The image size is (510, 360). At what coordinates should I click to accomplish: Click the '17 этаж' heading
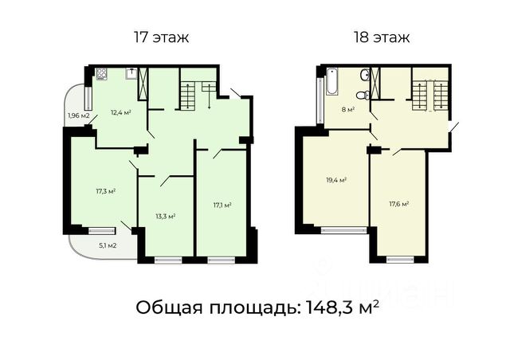(161, 37)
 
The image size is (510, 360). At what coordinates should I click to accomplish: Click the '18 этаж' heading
(382, 37)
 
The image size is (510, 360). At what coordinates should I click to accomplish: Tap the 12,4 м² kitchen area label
(121, 112)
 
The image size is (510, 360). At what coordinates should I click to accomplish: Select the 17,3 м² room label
(106, 191)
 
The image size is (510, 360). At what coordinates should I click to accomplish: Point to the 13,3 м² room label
(166, 216)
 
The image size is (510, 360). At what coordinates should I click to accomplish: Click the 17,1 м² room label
(222, 205)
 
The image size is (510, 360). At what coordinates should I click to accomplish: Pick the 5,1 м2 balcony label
(108, 245)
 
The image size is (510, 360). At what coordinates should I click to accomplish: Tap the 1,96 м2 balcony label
(78, 115)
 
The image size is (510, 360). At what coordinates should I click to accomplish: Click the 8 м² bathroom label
(348, 109)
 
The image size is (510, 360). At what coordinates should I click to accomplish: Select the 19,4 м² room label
(336, 179)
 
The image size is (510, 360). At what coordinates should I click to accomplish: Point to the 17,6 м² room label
(399, 204)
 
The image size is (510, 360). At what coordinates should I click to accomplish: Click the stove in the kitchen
(102, 74)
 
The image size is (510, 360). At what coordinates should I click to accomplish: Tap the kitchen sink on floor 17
(131, 73)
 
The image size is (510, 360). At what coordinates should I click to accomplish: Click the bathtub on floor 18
(332, 81)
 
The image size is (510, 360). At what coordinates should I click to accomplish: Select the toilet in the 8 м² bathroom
(363, 95)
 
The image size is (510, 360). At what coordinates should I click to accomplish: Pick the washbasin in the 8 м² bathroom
(365, 75)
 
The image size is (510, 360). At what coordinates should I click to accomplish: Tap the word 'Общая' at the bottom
(170, 307)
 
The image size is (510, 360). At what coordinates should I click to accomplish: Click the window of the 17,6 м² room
(400, 259)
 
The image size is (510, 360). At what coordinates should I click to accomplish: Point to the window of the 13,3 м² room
(168, 260)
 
